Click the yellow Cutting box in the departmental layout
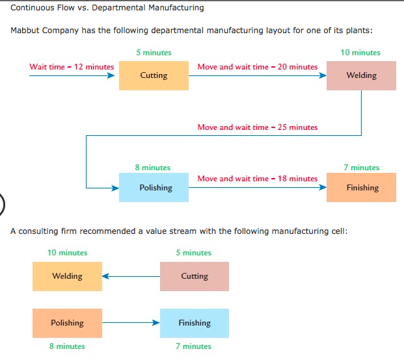[x=154, y=75]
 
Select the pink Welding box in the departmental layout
[x=361, y=75]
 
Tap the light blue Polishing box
[x=154, y=188]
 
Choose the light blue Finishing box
[x=195, y=323]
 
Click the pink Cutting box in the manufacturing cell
[x=195, y=276]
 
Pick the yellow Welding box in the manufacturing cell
[x=67, y=276]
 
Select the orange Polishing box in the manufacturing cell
[x=67, y=323]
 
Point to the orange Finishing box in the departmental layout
[x=361, y=188]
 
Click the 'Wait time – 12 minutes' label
[x=72, y=66]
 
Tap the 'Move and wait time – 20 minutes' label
[x=258, y=66]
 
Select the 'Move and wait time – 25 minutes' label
[x=258, y=127]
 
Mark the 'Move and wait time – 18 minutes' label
[x=258, y=178]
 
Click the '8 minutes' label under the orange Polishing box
[x=67, y=346]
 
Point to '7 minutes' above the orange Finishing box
[x=361, y=168]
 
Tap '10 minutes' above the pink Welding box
[x=360, y=53]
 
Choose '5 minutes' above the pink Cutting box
[x=193, y=253]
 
